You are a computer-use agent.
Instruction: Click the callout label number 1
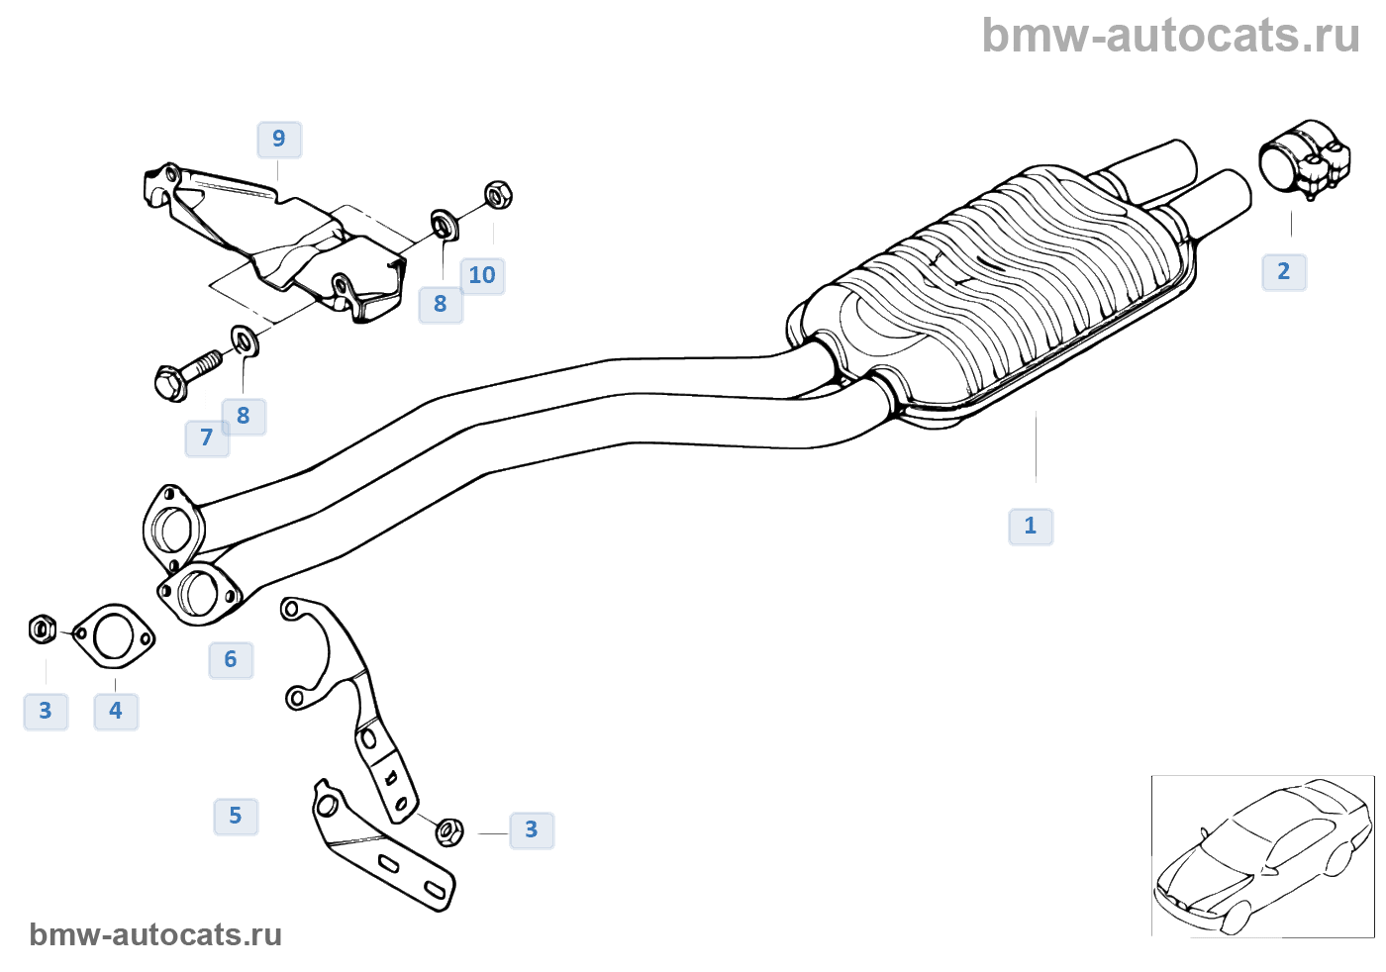1031,526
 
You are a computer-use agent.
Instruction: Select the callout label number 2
1284,271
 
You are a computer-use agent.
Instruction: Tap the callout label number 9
279,139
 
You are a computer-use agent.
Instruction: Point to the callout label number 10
482,275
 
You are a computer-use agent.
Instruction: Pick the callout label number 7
207,437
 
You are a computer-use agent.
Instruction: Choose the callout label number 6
231,659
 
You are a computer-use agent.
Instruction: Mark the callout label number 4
116,711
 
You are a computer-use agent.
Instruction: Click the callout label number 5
236,816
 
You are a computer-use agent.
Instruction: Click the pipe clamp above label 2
1304,161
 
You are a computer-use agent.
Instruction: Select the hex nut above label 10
499,194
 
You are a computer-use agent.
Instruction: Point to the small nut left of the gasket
43,629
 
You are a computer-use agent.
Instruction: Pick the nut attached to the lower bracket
448,831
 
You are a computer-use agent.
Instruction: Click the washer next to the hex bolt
245,340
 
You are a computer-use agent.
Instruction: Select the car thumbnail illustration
1262,856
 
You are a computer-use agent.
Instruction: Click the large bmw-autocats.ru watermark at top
1171,36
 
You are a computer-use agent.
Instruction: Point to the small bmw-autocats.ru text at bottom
155,934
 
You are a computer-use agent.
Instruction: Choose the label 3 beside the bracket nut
532,829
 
